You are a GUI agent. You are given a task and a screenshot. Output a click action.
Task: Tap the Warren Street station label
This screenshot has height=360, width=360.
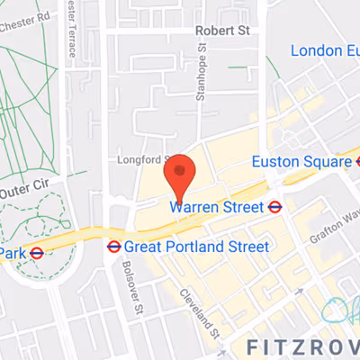coord(218,208)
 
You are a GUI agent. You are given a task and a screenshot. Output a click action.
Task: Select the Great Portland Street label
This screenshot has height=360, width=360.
coord(196,246)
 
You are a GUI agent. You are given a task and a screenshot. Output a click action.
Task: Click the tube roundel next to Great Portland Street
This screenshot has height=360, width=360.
coord(114,246)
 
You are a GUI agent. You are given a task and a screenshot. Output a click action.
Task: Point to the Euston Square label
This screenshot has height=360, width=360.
coord(301,162)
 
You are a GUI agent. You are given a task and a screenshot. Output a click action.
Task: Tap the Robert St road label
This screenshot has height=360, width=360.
coord(222,30)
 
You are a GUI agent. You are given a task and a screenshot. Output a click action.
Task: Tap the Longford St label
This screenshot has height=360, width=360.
coord(137,162)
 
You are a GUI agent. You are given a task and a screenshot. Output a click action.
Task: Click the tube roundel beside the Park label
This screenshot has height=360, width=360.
coord(37,254)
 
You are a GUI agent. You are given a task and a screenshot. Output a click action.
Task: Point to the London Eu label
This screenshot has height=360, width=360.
coord(324,50)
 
